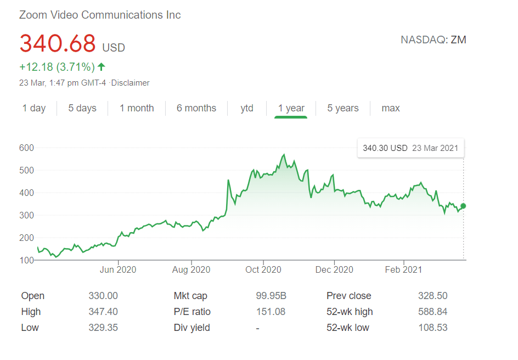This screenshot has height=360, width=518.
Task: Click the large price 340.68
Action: point(58,44)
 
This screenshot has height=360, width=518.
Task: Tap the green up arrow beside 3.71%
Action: point(102,67)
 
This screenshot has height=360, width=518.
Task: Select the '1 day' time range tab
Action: point(34,108)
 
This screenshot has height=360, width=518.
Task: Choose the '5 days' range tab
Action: point(82,108)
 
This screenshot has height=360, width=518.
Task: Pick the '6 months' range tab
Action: point(196,108)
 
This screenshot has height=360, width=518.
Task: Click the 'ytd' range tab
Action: point(247,108)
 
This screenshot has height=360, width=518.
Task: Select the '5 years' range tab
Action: point(343,108)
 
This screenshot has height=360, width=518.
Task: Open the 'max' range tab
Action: point(391,108)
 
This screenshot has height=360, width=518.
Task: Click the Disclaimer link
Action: point(131,83)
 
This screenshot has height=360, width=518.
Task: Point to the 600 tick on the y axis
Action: point(26,148)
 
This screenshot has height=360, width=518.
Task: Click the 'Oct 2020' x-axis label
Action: point(263,269)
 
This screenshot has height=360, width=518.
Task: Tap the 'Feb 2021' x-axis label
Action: point(403,269)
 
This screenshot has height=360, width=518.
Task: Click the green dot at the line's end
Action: point(464,206)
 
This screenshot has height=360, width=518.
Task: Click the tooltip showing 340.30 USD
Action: point(410,148)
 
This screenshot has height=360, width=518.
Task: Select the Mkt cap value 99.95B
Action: point(271,296)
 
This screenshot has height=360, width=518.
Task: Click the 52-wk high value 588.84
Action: point(432,312)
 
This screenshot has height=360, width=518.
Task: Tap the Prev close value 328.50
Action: point(432,296)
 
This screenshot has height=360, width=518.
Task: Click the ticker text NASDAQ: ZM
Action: point(433,40)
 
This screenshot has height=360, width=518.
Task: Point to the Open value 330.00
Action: point(103,296)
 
